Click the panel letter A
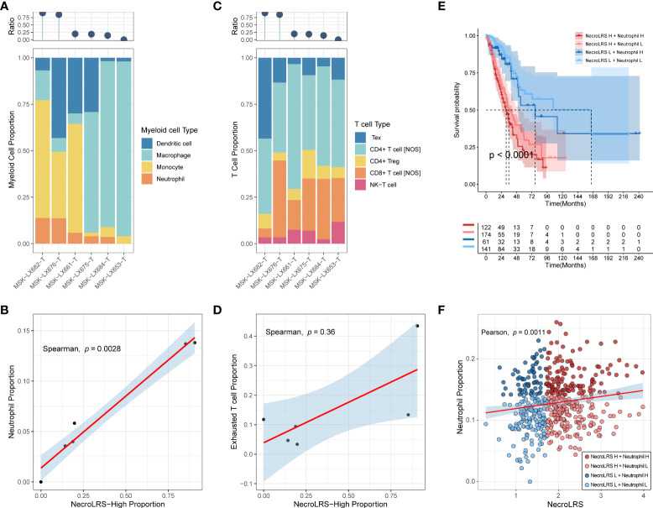[7, 7]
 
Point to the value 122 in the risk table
[488, 227]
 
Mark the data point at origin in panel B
[40, 482]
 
